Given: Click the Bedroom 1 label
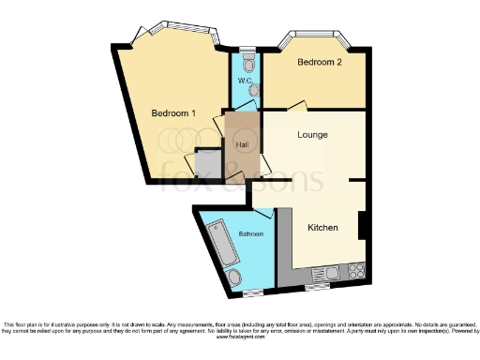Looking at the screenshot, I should point(174,113).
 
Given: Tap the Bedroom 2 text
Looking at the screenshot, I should point(319,63).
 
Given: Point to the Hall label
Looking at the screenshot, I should point(242,144).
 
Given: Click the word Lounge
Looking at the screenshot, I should point(312,134).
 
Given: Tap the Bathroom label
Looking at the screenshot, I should point(250,233).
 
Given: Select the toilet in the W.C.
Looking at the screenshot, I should point(247,64).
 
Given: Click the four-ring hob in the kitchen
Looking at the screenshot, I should point(356,272).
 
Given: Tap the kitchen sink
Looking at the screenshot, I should point(330,273).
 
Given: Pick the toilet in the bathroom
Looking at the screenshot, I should point(235,276).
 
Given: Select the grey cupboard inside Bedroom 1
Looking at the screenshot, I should point(207,164).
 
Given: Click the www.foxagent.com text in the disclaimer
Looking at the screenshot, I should point(240,337).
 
